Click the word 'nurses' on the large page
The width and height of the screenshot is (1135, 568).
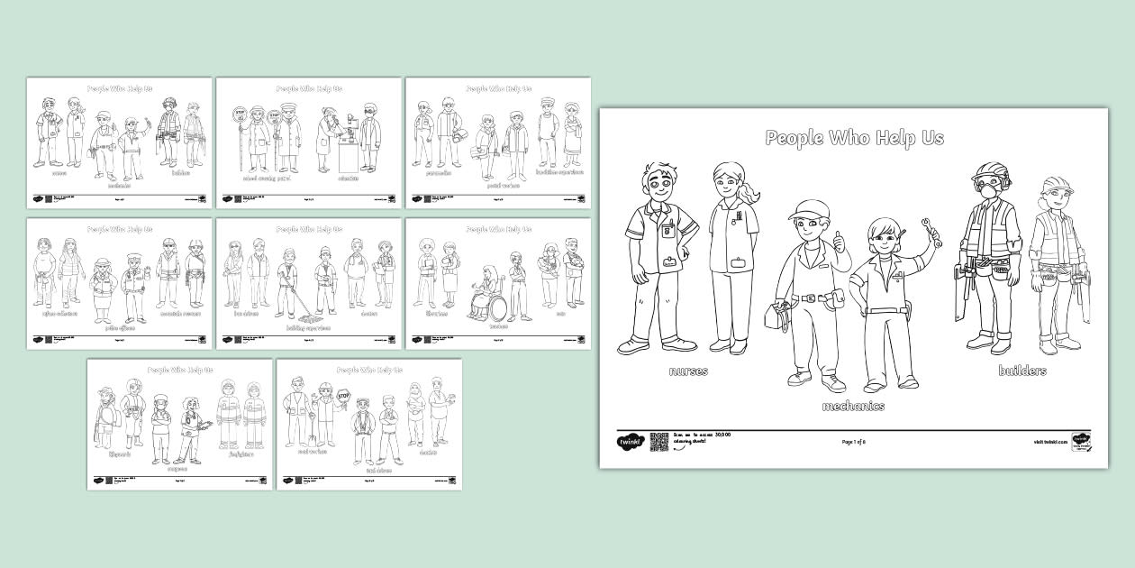(x=687, y=371)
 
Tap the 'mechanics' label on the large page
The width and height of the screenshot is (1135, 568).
(x=852, y=406)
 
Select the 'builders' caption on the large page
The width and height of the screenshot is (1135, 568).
(x=1021, y=371)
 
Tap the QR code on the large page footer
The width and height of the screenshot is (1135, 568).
(x=658, y=441)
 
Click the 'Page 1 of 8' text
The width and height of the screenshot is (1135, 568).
(x=854, y=442)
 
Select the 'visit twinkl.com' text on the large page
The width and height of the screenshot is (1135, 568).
(x=1049, y=442)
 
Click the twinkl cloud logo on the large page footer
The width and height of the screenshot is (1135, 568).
(x=628, y=442)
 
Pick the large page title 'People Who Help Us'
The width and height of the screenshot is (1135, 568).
(x=853, y=138)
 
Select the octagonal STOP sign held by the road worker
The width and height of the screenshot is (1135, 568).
(x=342, y=395)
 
